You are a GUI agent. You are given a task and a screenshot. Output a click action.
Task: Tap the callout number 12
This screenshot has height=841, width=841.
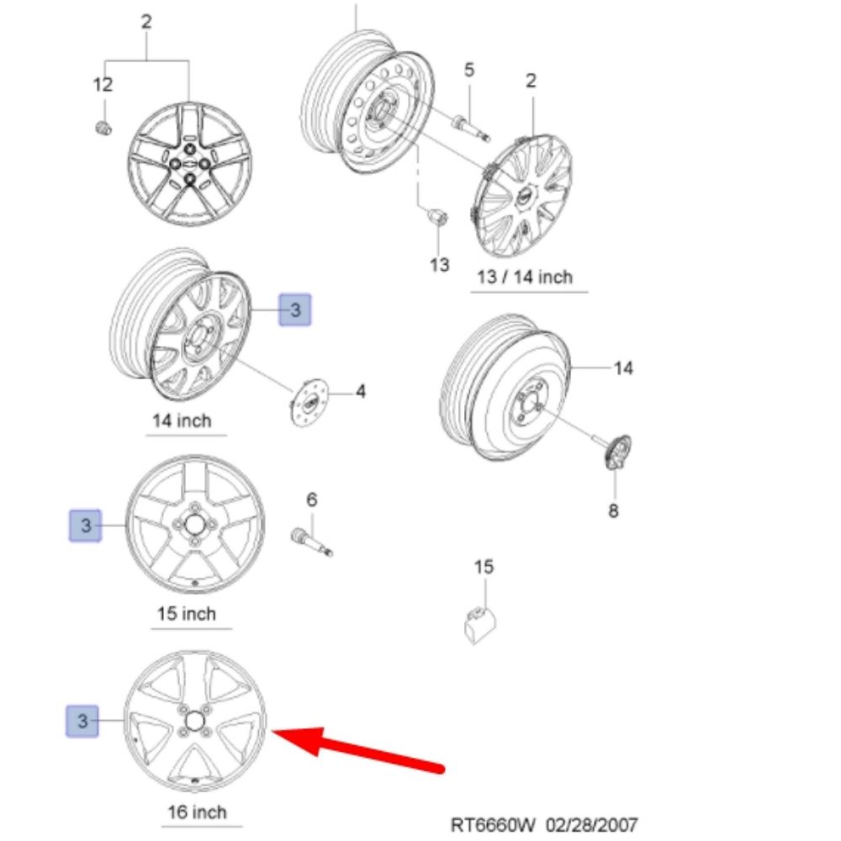(x=102, y=84)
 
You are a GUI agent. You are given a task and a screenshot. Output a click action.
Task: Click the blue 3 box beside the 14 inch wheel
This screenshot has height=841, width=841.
(x=295, y=310)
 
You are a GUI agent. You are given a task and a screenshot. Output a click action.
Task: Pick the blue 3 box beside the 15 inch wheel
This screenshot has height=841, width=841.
(x=85, y=526)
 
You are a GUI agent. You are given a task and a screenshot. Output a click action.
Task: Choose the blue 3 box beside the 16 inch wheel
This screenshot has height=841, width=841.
(x=82, y=721)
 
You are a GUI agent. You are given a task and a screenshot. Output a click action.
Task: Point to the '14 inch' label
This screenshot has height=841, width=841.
(x=182, y=420)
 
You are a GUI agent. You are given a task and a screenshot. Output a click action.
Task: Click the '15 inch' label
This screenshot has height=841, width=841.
(x=187, y=614)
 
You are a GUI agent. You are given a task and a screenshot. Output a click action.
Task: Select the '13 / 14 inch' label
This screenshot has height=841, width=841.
(x=524, y=277)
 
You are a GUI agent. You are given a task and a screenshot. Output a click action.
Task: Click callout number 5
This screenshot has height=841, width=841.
(x=469, y=70)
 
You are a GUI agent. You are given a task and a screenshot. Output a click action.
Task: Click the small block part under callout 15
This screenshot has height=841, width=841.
(x=479, y=624)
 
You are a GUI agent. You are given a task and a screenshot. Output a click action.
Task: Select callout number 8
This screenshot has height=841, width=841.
(x=613, y=510)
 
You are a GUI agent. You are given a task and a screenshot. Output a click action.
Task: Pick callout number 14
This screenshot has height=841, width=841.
(x=623, y=368)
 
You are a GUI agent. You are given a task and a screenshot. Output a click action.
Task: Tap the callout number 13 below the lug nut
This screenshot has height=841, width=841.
(x=440, y=265)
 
